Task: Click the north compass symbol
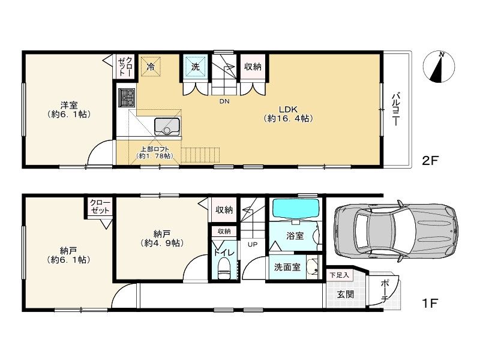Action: pos(439,67)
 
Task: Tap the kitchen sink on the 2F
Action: pos(167,127)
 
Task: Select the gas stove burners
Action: pos(127,98)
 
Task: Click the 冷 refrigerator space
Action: pos(151,67)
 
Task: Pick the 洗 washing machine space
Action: pos(196,67)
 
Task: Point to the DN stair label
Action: pos(224,101)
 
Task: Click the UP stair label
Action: pos(253,244)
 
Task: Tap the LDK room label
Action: pos(288,113)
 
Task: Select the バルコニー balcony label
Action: pos(395,109)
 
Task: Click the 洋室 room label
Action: pos(69,110)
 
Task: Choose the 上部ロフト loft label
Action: pos(155,152)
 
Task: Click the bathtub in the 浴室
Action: pos(296,208)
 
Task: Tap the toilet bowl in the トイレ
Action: pos(224,268)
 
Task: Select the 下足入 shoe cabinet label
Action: pos(339,275)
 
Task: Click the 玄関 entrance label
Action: pos(346,294)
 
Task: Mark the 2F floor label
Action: pos(430,160)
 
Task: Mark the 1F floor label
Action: pos(430,303)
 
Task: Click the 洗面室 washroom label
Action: pos(287,267)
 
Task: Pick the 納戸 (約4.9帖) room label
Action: pos(162,239)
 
